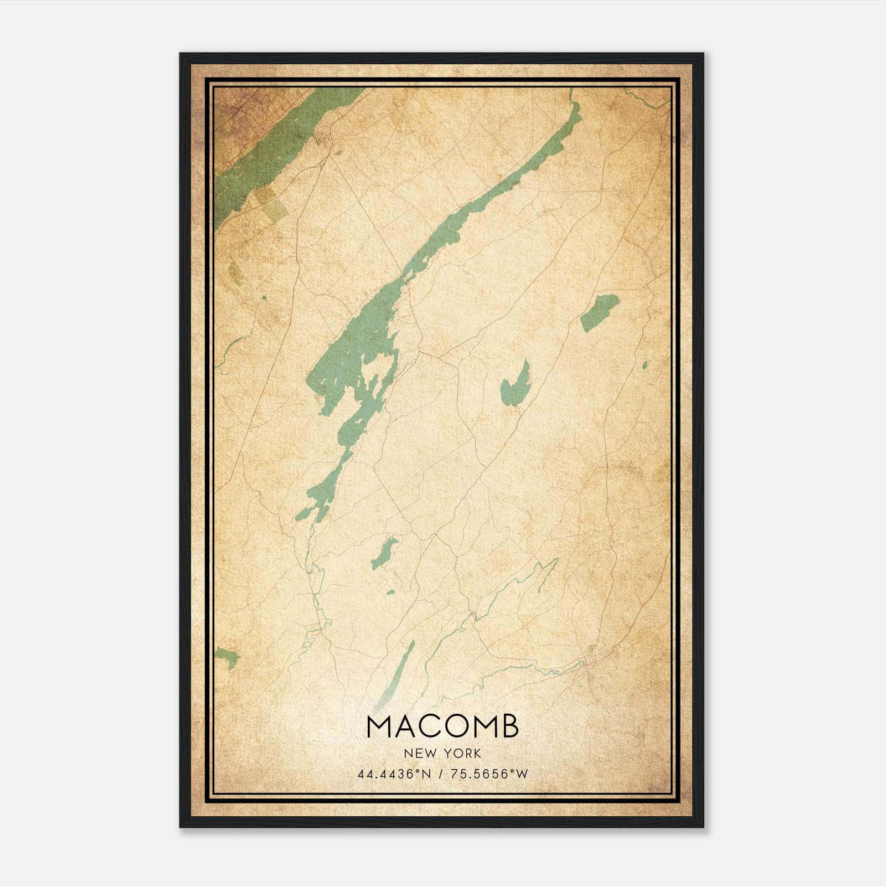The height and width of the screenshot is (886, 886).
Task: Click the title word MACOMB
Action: click(442, 726)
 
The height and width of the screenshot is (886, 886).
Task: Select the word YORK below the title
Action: click(462, 754)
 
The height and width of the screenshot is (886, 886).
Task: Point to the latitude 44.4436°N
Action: click(394, 774)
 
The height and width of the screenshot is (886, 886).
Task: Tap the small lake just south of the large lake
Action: click(384, 553)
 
